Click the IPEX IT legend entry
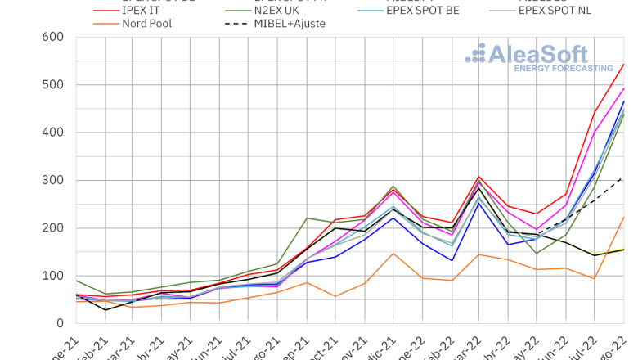142,8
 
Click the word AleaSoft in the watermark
537,54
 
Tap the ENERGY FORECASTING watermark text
563,69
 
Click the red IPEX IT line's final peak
624,64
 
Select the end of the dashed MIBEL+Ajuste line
624,177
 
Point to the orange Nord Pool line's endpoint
624,217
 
